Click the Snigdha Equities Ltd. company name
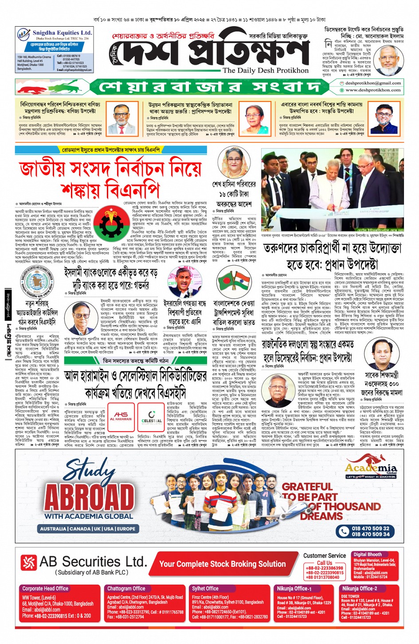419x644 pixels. click(62, 33)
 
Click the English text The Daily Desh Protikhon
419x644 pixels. click(265, 70)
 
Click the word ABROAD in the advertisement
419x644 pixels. click(90, 498)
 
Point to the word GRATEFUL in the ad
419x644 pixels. click(307, 487)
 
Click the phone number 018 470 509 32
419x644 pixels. click(370, 528)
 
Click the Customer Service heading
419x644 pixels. click(325, 555)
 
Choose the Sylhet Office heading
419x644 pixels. click(205, 589)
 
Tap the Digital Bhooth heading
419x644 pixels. click(368, 554)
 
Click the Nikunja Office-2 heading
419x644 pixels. click(359, 589)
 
